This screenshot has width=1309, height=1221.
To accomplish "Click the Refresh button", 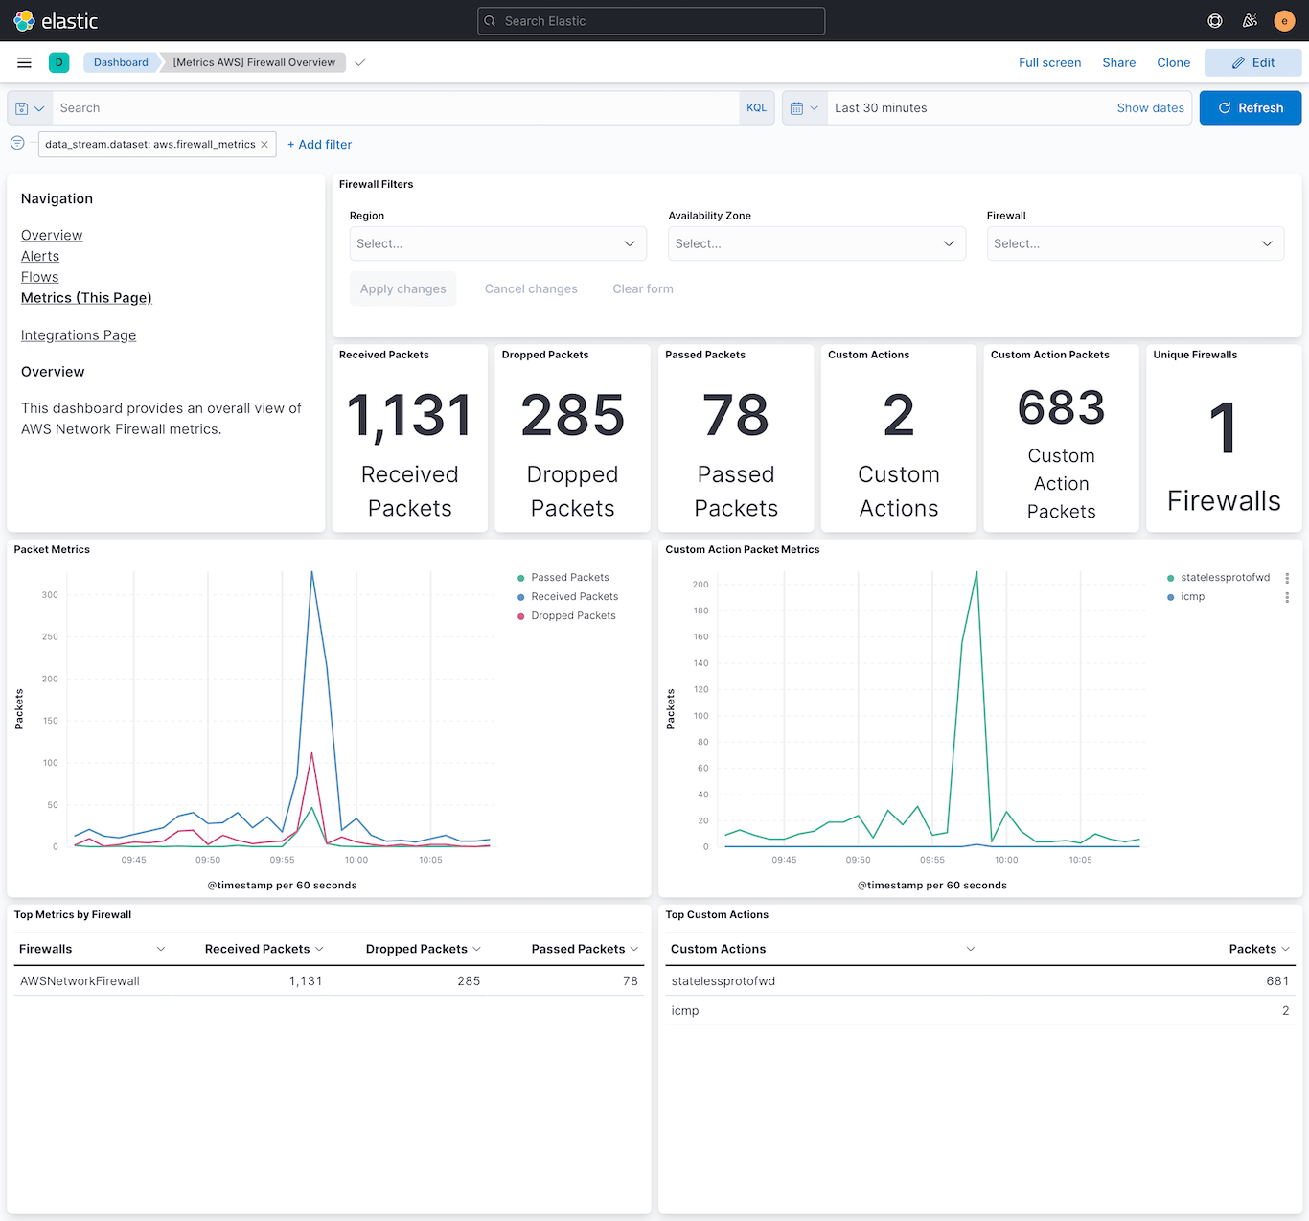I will [1250, 108].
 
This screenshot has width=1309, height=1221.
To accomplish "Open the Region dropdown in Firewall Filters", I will [497, 243].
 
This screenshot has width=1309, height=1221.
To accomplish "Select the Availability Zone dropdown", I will [815, 243].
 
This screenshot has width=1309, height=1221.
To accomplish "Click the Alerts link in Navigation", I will [40, 256].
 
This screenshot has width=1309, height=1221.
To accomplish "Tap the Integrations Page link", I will [79, 335].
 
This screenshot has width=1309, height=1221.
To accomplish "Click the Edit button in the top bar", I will [1252, 62].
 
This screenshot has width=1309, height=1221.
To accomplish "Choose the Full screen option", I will [1049, 62].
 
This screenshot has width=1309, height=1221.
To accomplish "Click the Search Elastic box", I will [652, 21].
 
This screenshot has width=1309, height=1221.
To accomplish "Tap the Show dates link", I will [1150, 108].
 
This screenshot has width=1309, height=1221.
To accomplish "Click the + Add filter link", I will [320, 145].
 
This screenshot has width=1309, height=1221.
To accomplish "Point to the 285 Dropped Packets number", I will [572, 416].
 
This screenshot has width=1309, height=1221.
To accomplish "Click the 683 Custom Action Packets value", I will [1061, 408].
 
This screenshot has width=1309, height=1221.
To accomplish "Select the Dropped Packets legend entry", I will [573, 616].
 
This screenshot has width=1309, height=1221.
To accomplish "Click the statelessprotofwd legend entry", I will [1225, 578].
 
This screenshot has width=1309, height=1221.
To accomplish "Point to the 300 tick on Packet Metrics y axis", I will [50, 595].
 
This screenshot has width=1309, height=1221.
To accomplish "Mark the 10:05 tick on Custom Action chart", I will [1080, 860].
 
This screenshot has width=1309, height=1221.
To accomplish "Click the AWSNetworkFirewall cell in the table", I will [80, 981].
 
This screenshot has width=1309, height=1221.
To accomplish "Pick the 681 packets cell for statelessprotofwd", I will [1276, 981].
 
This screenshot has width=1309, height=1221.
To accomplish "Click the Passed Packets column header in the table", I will [578, 949].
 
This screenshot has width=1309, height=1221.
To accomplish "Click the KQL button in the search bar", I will [756, 108].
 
